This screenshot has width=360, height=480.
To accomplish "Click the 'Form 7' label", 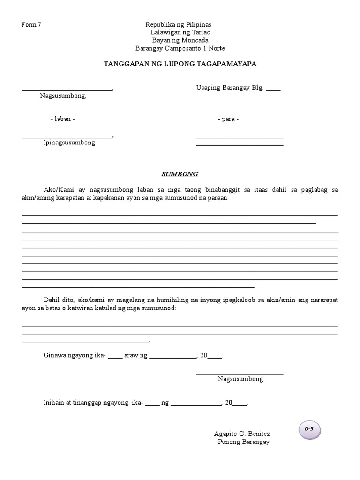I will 31,25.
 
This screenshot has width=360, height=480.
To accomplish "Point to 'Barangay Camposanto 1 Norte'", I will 180,48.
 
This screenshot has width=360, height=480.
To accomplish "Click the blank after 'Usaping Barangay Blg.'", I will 273,89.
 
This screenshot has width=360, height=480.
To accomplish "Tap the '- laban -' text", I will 63,119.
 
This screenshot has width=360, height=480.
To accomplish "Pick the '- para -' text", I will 228,119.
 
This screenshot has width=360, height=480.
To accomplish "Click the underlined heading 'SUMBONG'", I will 180,174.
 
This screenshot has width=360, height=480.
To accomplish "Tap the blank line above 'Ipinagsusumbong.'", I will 67,137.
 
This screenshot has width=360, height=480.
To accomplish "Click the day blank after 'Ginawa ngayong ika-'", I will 115,357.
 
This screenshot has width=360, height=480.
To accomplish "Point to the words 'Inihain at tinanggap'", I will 79,403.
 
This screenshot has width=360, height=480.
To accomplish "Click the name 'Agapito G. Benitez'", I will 242,434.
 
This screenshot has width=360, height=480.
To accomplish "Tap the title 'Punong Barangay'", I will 244,442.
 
